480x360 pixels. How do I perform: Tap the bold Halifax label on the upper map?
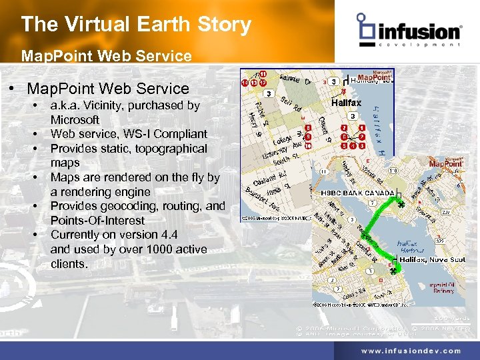tap(346, 103)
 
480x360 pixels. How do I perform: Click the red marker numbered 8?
tap(307, 127)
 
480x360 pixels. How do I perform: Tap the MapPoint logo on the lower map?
tap(445, 163)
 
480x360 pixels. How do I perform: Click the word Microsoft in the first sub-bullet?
tap(75, 120)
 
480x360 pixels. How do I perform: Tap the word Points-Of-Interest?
tap(97, 220)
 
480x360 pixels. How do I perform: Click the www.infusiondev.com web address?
tap(411, 351)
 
